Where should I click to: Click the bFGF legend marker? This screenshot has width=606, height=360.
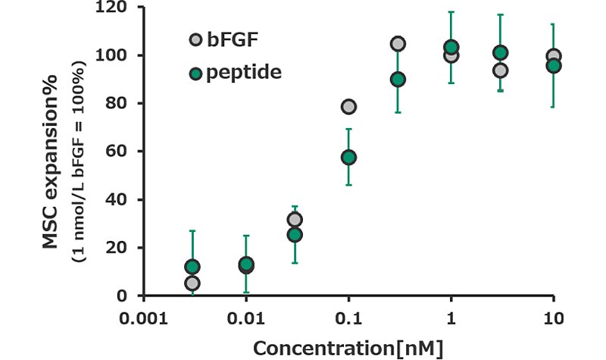(196, 39)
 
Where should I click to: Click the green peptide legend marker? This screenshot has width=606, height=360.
(196, 74)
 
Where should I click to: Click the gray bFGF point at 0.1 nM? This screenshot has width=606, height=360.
(348, 107)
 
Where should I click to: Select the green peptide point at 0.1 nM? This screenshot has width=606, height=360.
(348, 158)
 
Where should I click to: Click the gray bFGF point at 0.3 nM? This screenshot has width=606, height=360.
(398, 44)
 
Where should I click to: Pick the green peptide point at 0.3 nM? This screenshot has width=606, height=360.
(398, 80)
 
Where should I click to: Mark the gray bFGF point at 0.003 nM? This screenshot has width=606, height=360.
(192, 283)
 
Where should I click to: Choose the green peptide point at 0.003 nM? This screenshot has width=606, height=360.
(192, 267)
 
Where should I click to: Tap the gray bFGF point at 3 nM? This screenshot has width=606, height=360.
(500, 70)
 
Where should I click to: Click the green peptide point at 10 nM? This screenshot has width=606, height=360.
(554, 66)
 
